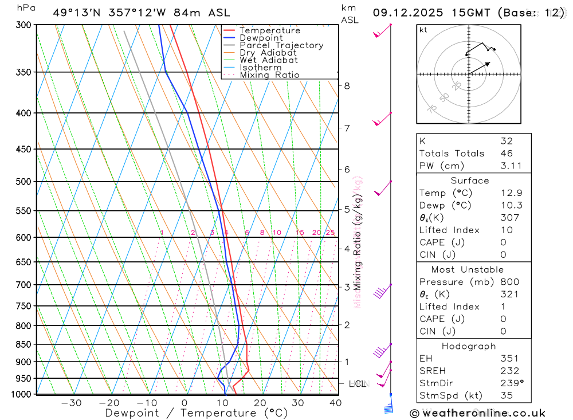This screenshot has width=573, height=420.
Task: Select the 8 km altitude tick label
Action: [347, 86]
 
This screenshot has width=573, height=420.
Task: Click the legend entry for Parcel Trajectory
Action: [281, 45]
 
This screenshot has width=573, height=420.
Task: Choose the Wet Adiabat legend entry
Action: [269, 60]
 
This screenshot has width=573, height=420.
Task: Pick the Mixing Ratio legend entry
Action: [269, 75]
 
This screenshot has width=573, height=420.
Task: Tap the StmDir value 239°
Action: [509, 383]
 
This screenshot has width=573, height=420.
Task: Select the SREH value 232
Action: [509, 371]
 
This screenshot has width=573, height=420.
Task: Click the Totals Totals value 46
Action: [507, 153]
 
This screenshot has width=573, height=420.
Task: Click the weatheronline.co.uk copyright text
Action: [478, 413]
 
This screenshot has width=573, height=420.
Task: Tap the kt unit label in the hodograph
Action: [423, 30]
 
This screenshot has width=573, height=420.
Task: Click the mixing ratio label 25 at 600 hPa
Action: [330, 233]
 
